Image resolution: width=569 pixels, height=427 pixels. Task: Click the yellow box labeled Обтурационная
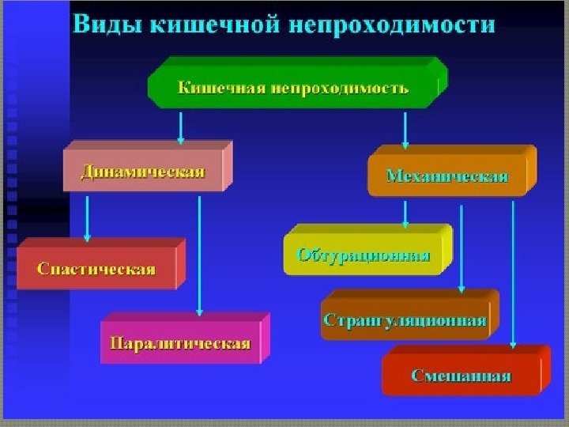click(363, 255)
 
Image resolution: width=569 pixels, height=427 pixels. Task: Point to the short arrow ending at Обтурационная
click(405, 212)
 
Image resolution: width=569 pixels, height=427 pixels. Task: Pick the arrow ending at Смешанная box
click(514, 273)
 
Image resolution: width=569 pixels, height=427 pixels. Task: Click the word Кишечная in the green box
click(218, 88)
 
